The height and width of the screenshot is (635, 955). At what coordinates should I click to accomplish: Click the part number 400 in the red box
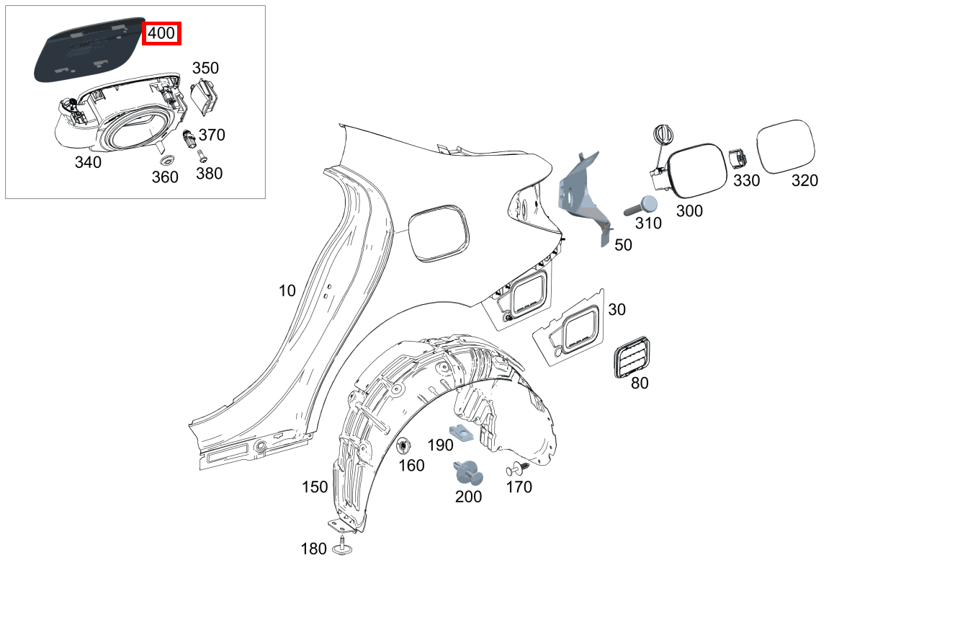tap(161, 33)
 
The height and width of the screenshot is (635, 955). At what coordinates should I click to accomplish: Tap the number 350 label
tap(205, 68)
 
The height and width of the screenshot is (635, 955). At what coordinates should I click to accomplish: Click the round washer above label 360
tap(166, 159)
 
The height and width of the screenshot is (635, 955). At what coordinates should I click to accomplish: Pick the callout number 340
tap(88, 163)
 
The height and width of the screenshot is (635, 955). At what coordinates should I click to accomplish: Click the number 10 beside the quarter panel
tap(287, 291)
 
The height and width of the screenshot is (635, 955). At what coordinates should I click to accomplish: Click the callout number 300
tap(689, 211)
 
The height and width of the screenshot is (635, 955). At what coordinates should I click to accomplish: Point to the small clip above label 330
tap(737, 160)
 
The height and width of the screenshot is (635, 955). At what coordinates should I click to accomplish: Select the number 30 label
tap(617, 310)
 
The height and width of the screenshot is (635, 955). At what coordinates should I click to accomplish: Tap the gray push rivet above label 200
tap(467, 472)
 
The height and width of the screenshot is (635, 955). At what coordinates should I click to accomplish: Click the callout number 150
tap(315, 488)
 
